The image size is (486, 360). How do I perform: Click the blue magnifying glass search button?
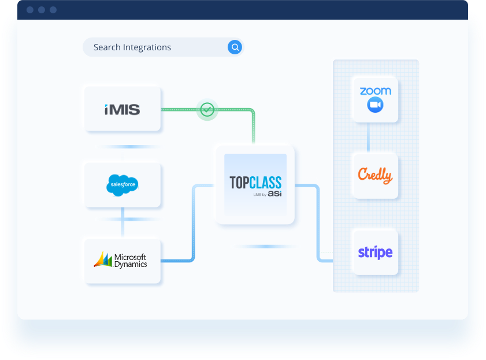(x=235, y=47)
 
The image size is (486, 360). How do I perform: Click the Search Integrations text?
(x=132, y=47)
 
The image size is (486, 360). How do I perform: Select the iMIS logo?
(x=122, y=109)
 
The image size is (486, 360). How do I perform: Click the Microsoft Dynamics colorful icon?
(x=103, y=259)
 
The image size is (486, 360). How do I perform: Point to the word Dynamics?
(x=131, y=264)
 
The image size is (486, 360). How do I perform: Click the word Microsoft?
(x=131, y=257)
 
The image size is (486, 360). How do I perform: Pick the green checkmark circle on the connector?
(x=207, y=109)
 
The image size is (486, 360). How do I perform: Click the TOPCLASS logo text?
(x=255, y=181)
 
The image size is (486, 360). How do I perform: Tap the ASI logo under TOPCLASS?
(x=274, y=194)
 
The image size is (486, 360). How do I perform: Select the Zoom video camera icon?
(x=375, y=105)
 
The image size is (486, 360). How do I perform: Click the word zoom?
(x=375, y=91)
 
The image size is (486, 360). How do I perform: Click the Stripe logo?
(x=375, y=253)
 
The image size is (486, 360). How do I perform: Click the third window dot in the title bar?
(x=53, y=10)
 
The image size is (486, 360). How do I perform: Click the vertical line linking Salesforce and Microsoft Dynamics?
(x=123, y=222)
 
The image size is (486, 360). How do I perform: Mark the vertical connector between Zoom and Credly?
(x=369, y=138)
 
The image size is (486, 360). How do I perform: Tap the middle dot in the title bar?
(x=42, y=10)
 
